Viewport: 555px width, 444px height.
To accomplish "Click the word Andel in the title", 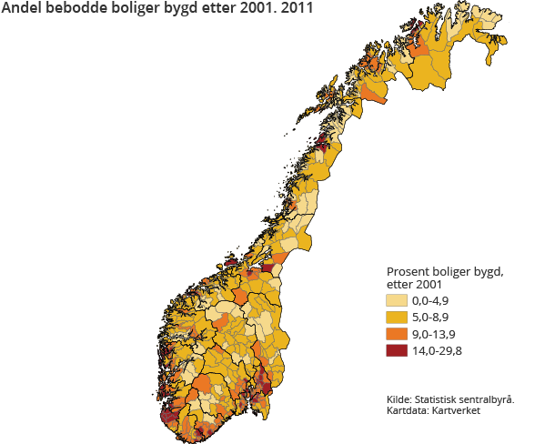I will click(24, 12).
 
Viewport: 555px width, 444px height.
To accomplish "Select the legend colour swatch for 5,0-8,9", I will click(397, 318).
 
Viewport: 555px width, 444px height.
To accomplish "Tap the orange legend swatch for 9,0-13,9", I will click(397, 334).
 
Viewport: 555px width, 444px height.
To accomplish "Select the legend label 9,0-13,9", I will click(436, 334).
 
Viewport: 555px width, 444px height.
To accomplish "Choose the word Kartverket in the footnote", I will click(459, 411).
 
